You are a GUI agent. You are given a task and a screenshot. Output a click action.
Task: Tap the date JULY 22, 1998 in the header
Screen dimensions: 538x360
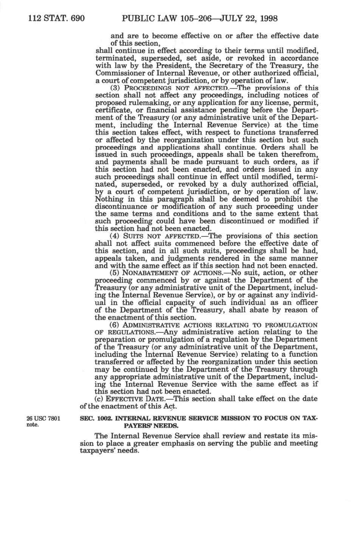(249, 18)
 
